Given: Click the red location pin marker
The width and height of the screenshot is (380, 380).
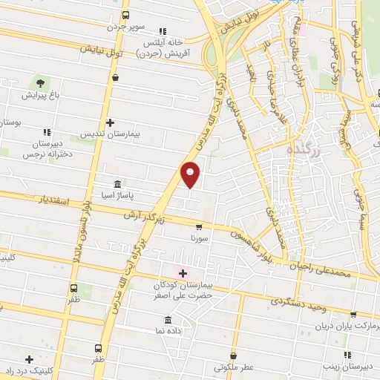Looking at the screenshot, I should pos(191,174).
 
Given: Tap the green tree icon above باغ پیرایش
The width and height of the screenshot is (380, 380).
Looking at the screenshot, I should pos(39,82).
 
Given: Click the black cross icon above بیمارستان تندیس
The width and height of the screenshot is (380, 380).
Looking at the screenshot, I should pos(110,122).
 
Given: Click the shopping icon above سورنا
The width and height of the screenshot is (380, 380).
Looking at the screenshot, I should pos(198,227).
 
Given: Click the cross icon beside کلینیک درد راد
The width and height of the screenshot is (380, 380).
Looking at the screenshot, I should pos(29,358).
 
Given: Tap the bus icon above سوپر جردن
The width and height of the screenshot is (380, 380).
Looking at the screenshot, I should pos(125,15).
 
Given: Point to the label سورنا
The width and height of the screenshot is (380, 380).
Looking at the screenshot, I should pos(199,239).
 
